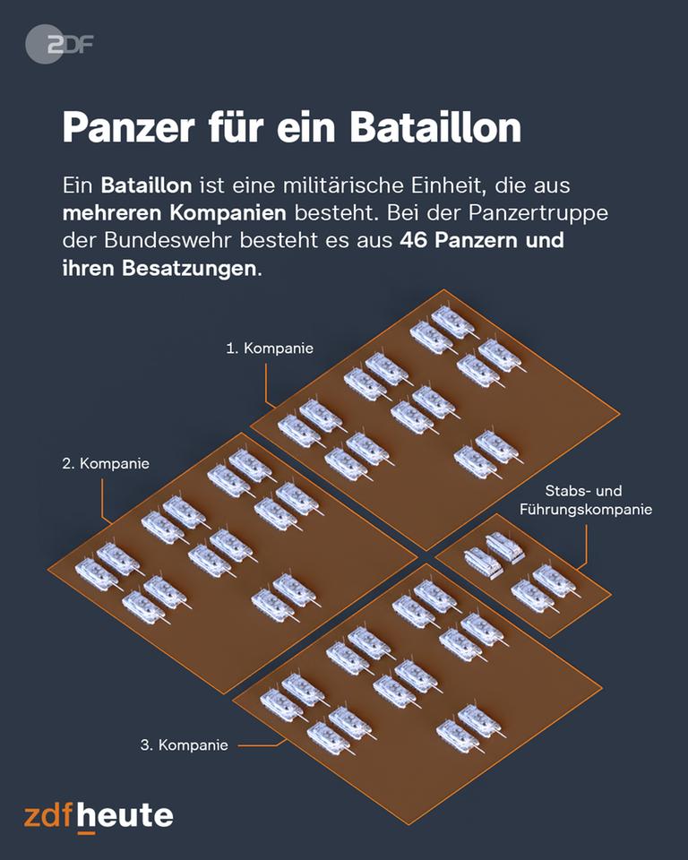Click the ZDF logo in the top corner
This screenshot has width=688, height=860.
coord(59,45)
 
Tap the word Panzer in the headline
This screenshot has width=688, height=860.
coord(128,127)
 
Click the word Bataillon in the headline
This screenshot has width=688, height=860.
coord(435,127)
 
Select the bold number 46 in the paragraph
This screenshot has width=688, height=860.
coord(414,240)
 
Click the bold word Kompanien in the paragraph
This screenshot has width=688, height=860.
coord(228,213)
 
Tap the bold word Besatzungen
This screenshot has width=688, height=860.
coord(189,268)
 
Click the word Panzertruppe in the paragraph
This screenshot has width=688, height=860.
coord(537,213)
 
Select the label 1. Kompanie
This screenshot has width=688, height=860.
coord(270,348)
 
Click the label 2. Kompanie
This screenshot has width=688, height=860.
coord(106,463)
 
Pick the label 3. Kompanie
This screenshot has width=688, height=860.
coord(184,744)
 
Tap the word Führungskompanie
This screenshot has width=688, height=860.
coord(585,510)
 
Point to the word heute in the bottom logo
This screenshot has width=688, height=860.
coord(125,815)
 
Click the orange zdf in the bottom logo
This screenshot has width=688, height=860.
coord(48,815)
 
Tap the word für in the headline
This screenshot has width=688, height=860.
coord(235,127)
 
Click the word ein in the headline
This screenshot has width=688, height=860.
coord(305,127)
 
